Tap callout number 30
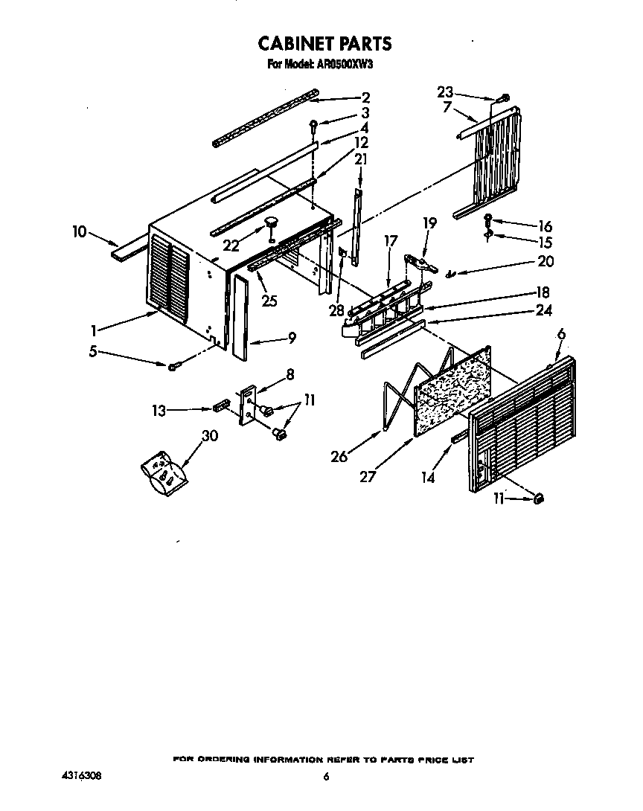tap(210, 437)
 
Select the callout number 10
tap(79, 232)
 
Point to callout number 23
tap(445, 92)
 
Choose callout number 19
tap(430, 222)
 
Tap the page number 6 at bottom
tap(325, 777)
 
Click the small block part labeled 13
tap(220, 407)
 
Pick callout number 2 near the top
tap(365, 97)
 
